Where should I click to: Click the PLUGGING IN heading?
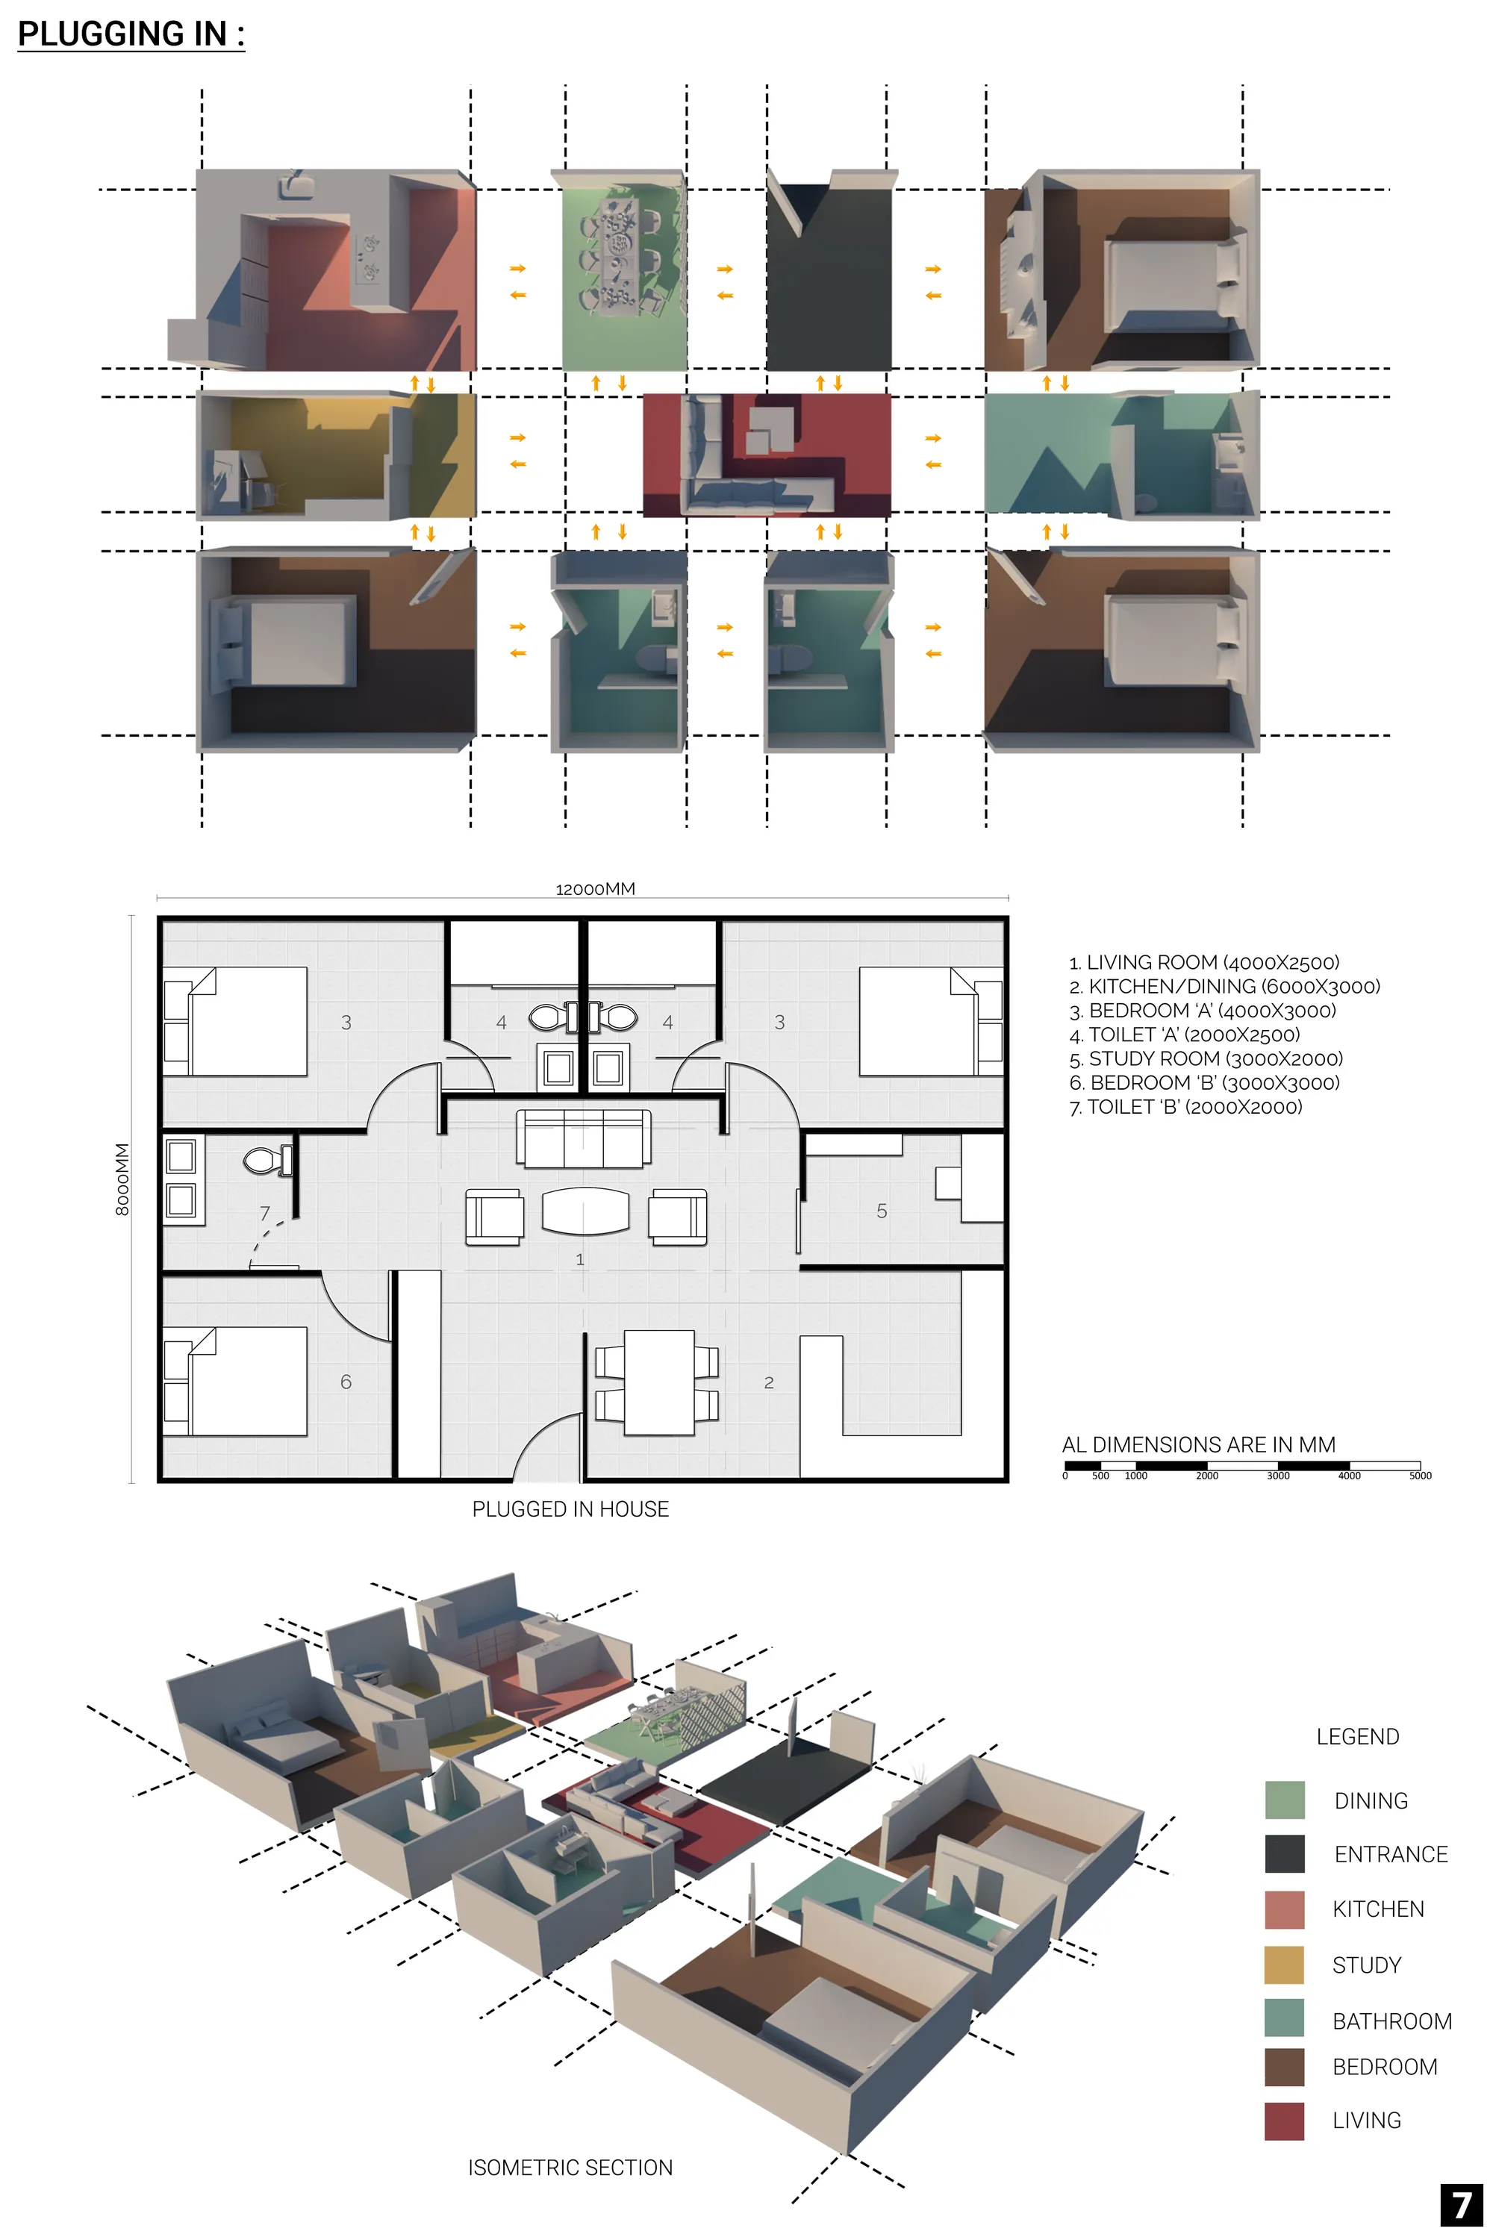tap(131, 34)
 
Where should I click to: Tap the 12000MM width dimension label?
tap(595, 889)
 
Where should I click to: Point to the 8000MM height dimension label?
tap(122, 1179)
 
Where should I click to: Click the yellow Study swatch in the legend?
tap(1285, 1965)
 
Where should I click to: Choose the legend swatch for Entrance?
tap(1285, 1853)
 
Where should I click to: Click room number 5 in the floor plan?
tap(882, 1211)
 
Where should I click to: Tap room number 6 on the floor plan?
tap(346, 1382)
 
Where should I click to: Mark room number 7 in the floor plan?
tap(265, 1213)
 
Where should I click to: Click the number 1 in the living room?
tap(580, 1259)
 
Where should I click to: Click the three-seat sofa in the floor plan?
tap(584, 1138)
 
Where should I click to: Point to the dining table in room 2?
tap(659, 1382)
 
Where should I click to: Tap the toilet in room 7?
tap(267, 1161)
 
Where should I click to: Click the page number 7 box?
tap(1462, 2205)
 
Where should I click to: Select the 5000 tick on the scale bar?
tap(1420, 1476)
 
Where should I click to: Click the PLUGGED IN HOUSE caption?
tap(570, 1509)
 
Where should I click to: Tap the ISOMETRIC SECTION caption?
tap(570, 2168)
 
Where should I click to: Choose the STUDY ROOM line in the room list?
tap(1206, 1058)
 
